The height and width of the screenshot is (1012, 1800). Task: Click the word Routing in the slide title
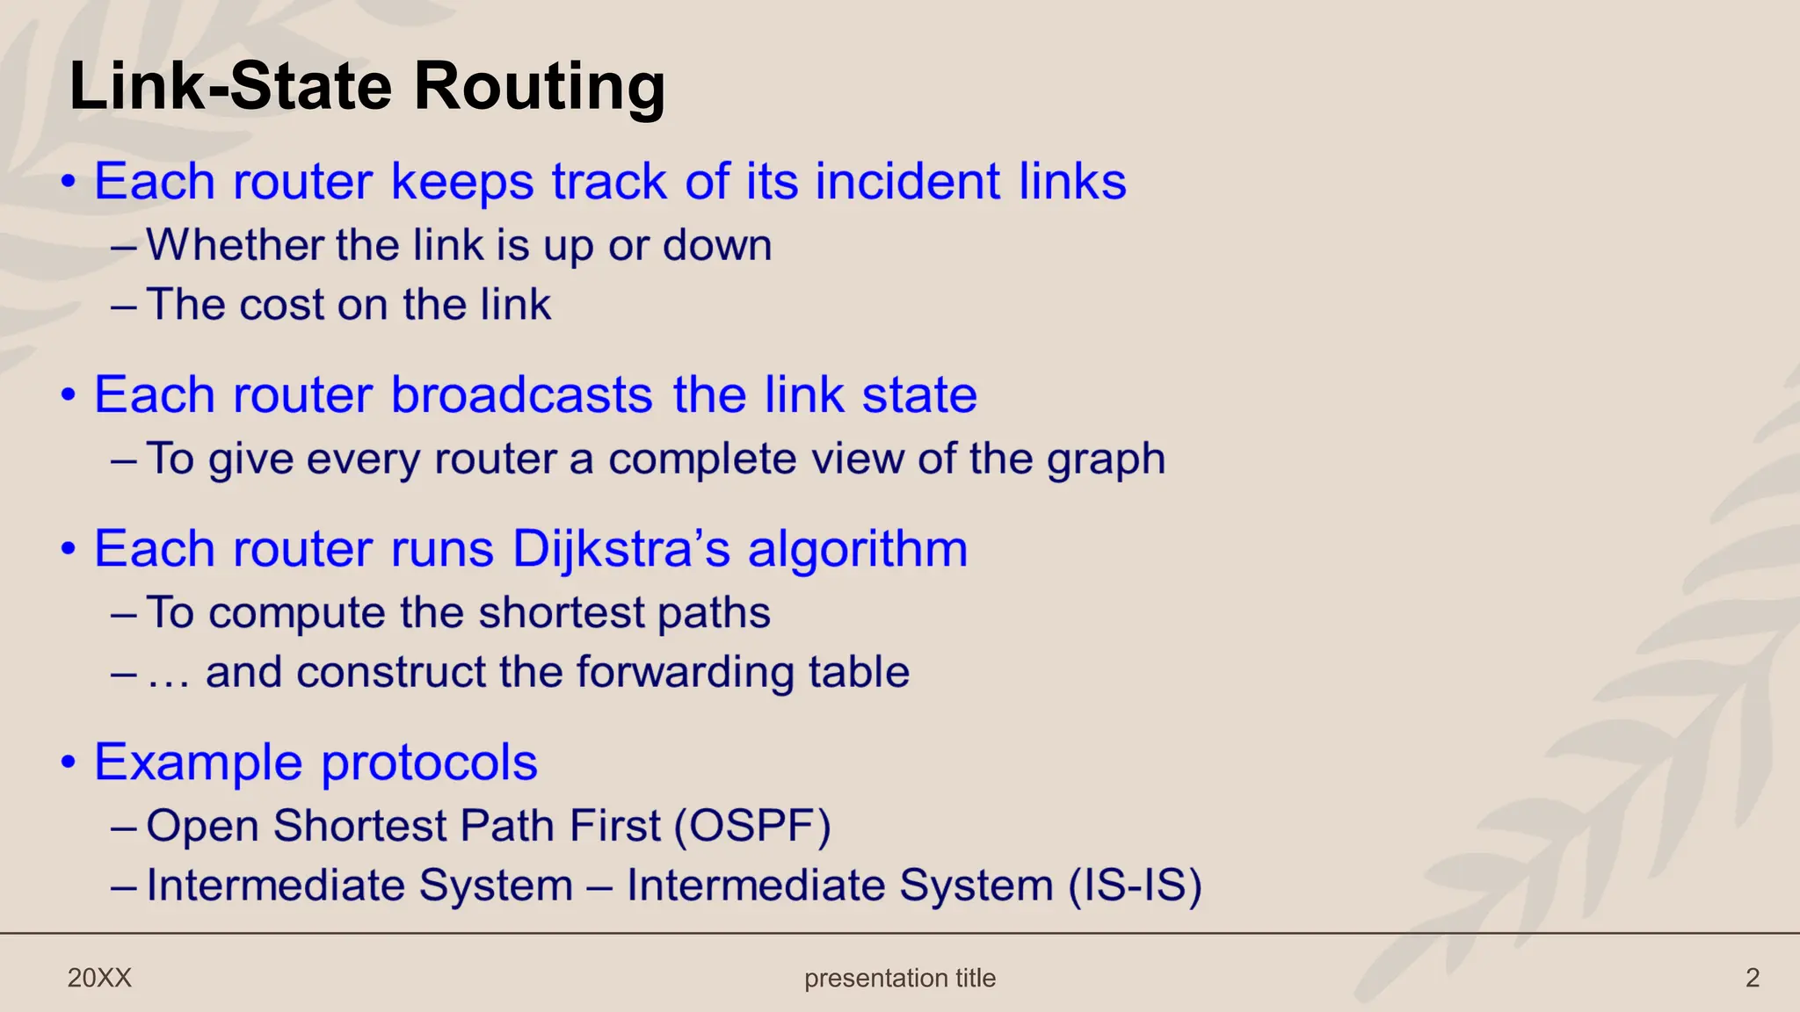point(539,88)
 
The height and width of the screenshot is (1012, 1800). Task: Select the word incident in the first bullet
point(908,182)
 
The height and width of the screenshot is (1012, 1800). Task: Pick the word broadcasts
point(521,394)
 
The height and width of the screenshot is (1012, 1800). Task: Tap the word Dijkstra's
point(621,549)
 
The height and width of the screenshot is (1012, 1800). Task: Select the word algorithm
point(857,550)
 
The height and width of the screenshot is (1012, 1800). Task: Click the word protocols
point(429,762)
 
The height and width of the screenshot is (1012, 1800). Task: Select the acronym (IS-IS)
point(1135,885)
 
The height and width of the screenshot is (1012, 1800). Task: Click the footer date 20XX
point(99,978)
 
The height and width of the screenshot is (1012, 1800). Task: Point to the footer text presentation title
point(900,978)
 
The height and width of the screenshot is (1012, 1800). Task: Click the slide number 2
point(1752,978)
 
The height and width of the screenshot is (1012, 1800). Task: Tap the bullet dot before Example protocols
point(69,763)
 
